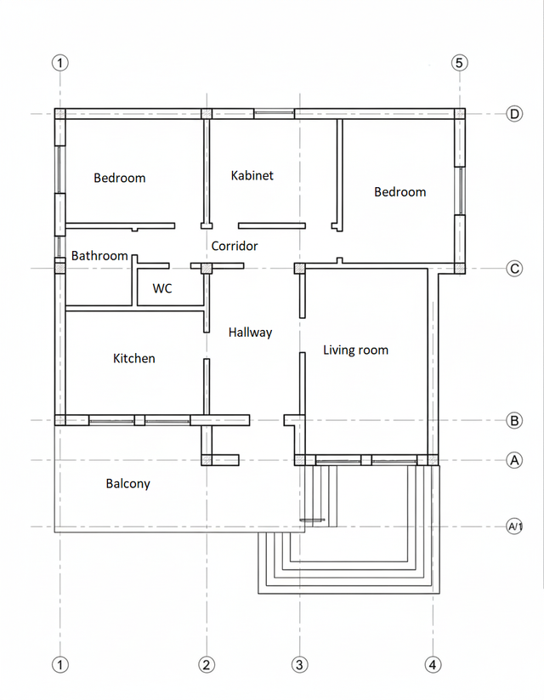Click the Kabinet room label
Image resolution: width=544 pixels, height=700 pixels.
[x=252, y=175]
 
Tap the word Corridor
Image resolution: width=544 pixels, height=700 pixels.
[x=235, y=246]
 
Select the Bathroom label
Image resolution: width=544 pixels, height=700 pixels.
[x=99, y=256]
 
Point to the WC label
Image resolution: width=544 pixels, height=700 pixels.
[x=162, y=288]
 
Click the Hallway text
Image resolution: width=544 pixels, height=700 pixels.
[x=250, y=333]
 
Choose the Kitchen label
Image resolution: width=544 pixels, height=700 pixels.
[x=134, y=358]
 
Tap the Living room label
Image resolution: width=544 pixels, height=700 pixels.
[x=355, y=350]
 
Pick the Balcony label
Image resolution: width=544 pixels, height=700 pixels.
[x=128, y=484]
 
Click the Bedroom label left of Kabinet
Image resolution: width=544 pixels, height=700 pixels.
[x=120, y=178]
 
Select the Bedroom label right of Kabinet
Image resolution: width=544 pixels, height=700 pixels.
[x=399, y=192]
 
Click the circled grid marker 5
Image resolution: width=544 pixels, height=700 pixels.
[x=460, y=63]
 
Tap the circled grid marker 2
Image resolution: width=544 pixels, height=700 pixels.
[x=207, y=665]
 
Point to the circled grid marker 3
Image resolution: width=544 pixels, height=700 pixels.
[x=299, y=665]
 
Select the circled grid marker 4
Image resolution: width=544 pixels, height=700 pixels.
[x=433, y=665]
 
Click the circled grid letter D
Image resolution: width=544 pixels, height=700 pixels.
[x=514, y=114]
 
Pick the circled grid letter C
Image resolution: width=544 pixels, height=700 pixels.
[x=514, y=269]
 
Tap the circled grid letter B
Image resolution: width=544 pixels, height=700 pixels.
[x=514, y=420]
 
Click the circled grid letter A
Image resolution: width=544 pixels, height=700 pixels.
[x=514, y=460]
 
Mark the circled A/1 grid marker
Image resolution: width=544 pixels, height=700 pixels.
[x=514, y=526]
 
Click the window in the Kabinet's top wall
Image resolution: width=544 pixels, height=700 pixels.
[x=274, y=113]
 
